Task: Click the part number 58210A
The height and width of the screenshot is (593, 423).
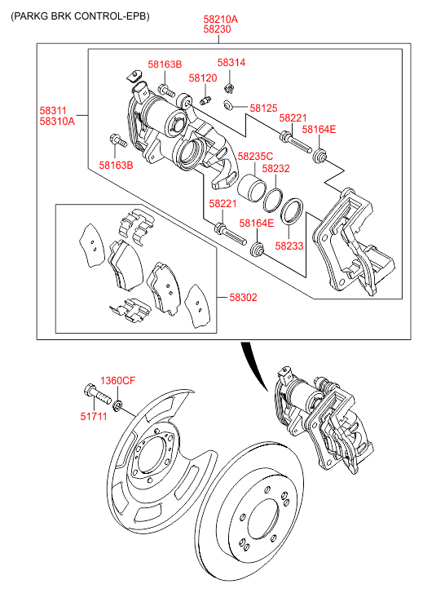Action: coord(220,19)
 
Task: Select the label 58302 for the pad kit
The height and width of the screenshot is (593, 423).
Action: coord(243,297)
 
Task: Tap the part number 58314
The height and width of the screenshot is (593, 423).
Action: coord(231,63)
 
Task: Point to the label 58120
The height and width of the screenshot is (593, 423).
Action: coord(203,78)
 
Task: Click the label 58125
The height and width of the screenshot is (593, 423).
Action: coord(263,108)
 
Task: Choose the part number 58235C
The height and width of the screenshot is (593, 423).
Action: coord(255,156)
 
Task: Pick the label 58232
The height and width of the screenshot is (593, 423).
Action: coord(276,168)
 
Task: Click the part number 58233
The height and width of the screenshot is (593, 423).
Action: coord(289,246)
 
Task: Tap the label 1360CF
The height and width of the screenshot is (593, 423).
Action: coord(117,380)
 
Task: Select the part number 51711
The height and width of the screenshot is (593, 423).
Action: coord(94,416)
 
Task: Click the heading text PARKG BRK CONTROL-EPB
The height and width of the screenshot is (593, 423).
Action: coord(80,16)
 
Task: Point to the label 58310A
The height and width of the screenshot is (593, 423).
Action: coord(57,122)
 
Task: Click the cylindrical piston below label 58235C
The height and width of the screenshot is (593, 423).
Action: coord(252,188)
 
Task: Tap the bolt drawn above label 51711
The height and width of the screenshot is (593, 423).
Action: coord(97,393)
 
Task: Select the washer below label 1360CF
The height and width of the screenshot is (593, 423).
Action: coord(117,405)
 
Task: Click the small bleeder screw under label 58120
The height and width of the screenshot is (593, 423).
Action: coord(205,101)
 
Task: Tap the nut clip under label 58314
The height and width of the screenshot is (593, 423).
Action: coord(229,88)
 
